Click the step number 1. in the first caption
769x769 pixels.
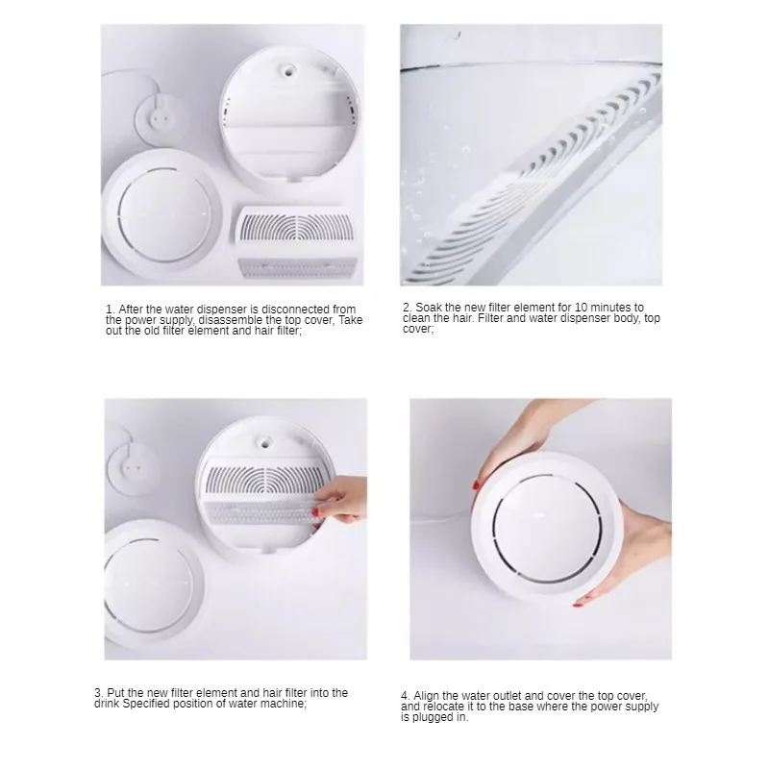pyautogui.click(x=111, y=310)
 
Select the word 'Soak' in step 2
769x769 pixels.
pyautogui.click(x=428, y=308)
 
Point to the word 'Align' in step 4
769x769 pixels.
pyautogui.click(x=426, y=696)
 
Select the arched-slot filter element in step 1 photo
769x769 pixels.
pyautogui.click(x=296, y=229)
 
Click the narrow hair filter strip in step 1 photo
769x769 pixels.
pyautogui.click(x=297, y=267)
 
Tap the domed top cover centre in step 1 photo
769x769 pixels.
pyautogui.click(x=164, y=215)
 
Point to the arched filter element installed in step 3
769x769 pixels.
pyautogui.click(x=266, y=479)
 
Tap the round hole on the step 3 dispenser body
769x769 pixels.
pyautogui.click(x=264, y=440)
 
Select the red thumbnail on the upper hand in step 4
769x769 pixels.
pyautogui.click(x=476, y=485)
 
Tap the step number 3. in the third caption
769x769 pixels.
pyautogui.click(x=99, y=693)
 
